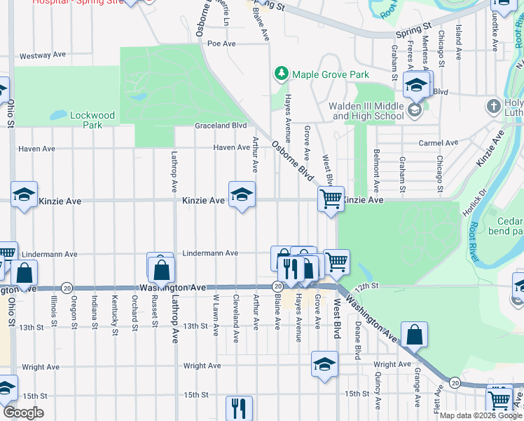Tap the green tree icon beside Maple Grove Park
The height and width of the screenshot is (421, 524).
click(281, 73)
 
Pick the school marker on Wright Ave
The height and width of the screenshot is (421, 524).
click(324, 364)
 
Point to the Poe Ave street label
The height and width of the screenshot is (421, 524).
click(220, 44)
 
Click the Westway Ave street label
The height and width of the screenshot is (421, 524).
click(43, 55)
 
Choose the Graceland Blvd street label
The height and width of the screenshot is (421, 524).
click(221, 126)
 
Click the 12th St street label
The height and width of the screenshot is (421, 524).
click(366, 286)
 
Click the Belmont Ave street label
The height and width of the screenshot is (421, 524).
click(376, 171)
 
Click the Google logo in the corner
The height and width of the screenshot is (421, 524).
click(24, 413)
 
